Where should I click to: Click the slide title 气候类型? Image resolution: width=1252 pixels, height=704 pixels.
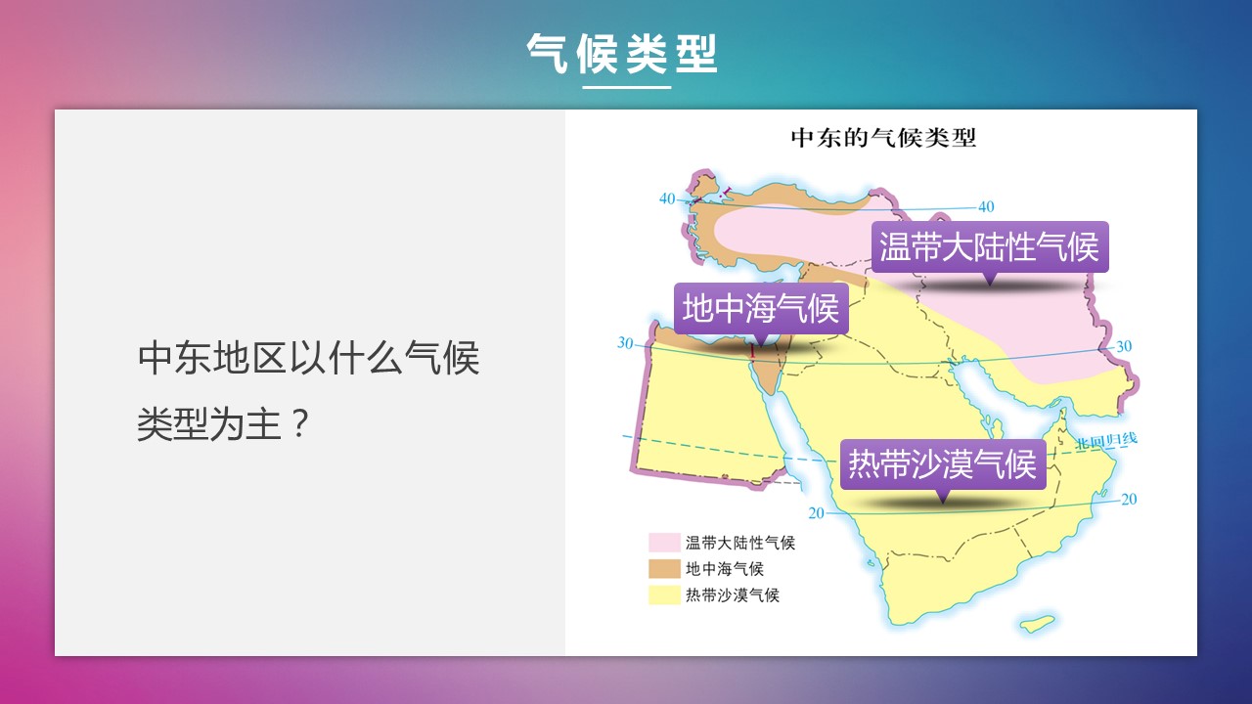pyautogui.click(x=621, y=54)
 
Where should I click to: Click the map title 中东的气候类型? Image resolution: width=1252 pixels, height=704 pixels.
pyautogui.click(x=883, y=138)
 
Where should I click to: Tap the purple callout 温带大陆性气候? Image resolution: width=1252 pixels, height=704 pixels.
pyautogui.click(x=990, y=247)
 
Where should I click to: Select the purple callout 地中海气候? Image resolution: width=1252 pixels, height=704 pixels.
pyautogui.click(x=761, y=308)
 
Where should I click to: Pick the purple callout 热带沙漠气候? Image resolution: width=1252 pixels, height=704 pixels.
pyautogui.click(x=943, y=464)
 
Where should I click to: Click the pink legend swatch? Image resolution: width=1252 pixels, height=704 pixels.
pyautogui.click(x=664, y=543)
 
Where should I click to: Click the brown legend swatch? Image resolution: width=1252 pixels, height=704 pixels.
pyautogui.click(x=664, y=569)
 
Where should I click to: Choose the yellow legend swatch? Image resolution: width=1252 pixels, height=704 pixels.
pyautogui.click(x=664, y=595)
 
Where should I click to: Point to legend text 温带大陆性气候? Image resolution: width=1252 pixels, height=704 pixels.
pyautogui.click(x=740, y=543)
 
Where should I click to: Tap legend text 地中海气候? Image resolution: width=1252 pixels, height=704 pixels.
pyautogui.click(x=725, y=569)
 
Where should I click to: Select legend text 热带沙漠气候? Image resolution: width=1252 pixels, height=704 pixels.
pyautogui.click(x=733, y=595)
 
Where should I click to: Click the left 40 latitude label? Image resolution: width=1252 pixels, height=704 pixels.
pyautogui.click(x=667, y=198)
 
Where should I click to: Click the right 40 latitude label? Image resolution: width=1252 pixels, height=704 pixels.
pyautogui.click(x=986, y=206)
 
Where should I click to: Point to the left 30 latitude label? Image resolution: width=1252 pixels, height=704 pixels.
pyautogui.click(x=625, y=342)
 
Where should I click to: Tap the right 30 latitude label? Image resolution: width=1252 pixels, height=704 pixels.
pyautogui.click(x=1124, y=346)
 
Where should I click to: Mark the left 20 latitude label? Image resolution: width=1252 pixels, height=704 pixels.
pyautogui.click(x=817, y=513)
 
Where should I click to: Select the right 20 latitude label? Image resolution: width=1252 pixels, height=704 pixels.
pyautogui.click(x=1129, y=499)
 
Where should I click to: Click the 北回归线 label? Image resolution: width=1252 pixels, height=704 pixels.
pyautogui.click(x=1106, y=441)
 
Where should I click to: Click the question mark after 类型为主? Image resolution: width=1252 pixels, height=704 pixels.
pyautogui.click(x=300, y=423)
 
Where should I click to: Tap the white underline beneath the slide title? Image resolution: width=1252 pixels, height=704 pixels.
pyautogui.click(x=627, y=87)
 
